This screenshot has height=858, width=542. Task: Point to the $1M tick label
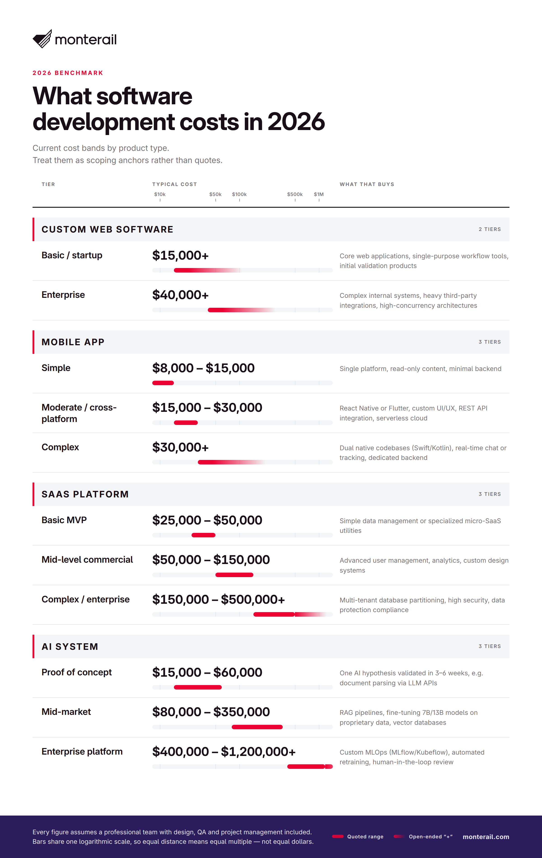[x=319, y=194]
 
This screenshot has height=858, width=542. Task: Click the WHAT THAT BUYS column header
[x=367, y=184]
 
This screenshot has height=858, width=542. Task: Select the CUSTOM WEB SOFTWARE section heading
[x=107, y=229]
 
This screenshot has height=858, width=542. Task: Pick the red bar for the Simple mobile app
[x=163, y=383]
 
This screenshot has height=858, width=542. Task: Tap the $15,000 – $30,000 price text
[x=207, y=407]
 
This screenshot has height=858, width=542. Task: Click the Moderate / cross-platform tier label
[x=79, y=413]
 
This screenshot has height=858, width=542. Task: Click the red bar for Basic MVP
[x=203, y=535]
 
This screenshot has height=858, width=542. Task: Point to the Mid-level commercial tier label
[x=87, y=560]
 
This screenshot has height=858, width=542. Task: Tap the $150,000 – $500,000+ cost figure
[x=218, y=599]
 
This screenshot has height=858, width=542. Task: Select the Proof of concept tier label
[x=77, y=672]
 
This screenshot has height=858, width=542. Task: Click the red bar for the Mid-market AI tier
[x=257, y=727]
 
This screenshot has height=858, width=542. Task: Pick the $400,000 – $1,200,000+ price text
[x=224, y=751]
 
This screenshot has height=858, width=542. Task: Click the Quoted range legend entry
[x=357, y=837]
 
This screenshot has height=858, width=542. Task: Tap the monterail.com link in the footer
[x=486, y=837]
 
